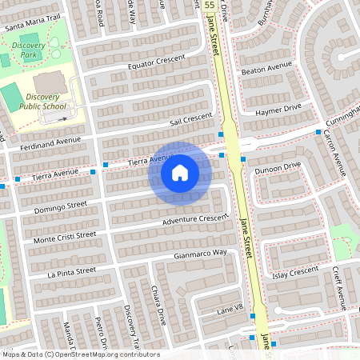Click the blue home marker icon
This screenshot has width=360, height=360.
180,173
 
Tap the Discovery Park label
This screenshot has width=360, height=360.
28,51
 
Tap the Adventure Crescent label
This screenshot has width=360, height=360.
195,218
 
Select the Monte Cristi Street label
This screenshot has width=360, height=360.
64,238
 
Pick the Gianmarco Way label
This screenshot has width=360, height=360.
200,254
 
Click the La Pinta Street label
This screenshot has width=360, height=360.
71,272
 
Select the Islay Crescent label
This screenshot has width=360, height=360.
296,271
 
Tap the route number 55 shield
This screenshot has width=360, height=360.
209,5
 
